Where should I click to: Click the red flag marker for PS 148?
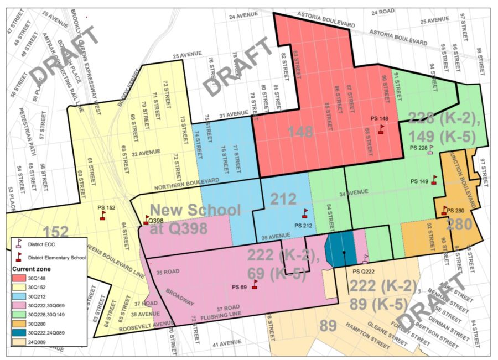point(381,129)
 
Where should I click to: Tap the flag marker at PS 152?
point(102,216)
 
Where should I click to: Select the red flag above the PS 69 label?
point(255,284)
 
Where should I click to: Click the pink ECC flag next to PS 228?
point(430,148)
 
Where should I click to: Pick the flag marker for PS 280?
point(444,210)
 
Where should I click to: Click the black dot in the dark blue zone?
point(344,253)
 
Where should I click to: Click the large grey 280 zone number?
point(459,225)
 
